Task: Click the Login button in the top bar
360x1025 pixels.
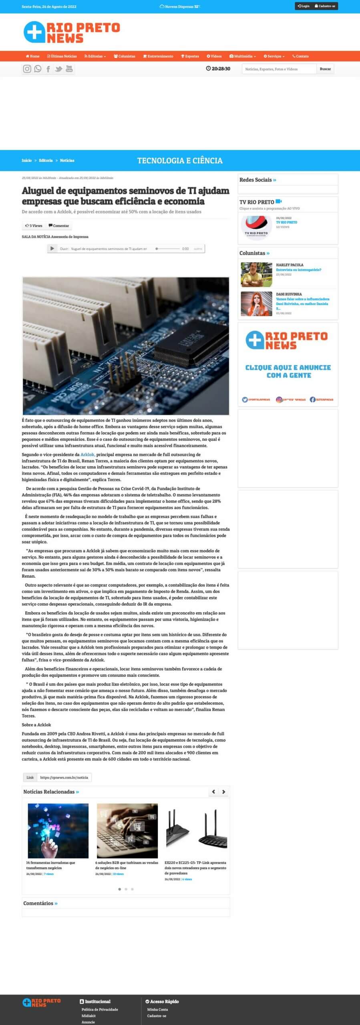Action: point(304,6)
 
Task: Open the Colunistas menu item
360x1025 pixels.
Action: point(125,56)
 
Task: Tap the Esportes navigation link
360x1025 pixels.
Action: point(190,56)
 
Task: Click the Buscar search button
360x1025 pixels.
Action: point(325,69)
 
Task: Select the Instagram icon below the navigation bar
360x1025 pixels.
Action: point(27,69)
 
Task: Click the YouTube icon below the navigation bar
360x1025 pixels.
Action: point(69,69)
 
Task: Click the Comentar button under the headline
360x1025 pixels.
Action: point(59,226)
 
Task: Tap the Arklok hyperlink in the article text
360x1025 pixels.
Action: point(87,454)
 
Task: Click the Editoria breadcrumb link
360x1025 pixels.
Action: point(46,161)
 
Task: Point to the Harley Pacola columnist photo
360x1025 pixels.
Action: point(256,275)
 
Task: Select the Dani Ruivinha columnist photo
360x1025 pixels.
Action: point(256,304)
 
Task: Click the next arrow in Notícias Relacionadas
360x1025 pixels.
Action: point(224,792)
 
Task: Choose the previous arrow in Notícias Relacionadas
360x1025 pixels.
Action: point(213,792)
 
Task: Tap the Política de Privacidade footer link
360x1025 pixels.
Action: point(100,1009)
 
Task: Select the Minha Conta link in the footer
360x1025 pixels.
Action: point(157,1009)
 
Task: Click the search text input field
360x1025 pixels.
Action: point(279,69)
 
